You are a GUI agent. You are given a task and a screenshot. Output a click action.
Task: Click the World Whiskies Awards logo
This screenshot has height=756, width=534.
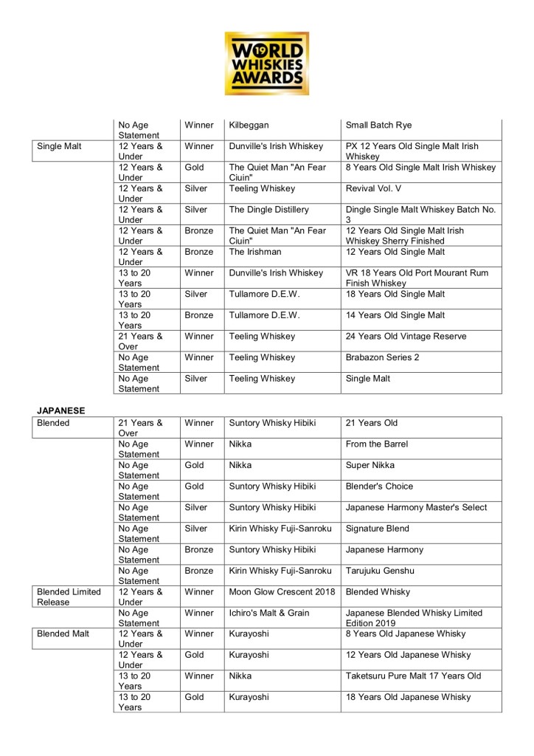coord(267,63)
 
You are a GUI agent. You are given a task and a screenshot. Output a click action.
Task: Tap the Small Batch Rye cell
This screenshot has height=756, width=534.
coord(378,125)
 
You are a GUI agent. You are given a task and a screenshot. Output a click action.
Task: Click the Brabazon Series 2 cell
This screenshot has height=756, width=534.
coord(383,357)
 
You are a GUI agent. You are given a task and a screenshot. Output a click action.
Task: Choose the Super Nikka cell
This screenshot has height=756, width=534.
coord(370,465)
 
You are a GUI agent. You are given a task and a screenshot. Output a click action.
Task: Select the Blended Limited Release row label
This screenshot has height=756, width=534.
coord(70,597)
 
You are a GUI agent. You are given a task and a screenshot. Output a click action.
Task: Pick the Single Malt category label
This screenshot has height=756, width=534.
coord(60,146)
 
